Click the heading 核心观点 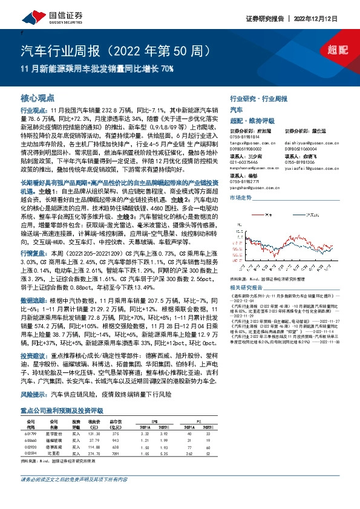click(37, 97)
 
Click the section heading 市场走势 click(241, 198)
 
